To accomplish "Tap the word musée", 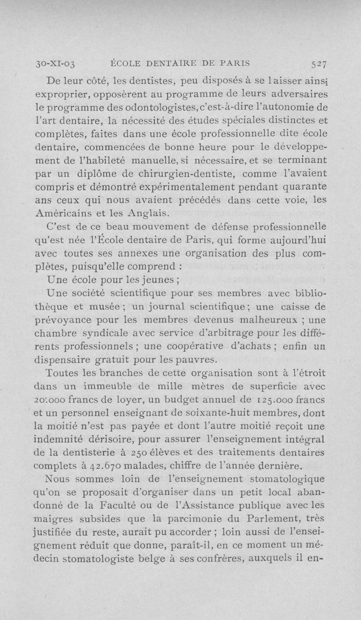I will (102, 308).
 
